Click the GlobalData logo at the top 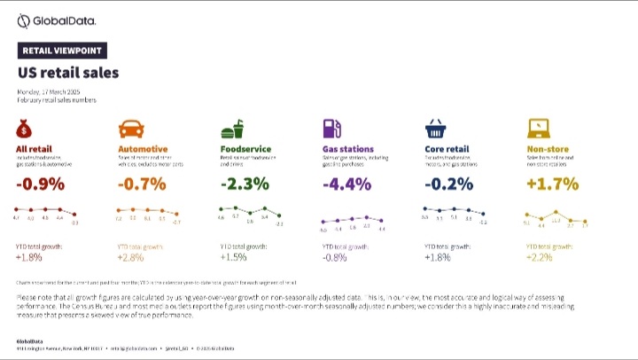pos(57,20)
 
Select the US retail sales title pos(68,72)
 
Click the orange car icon pos(130,127)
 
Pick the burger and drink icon pos(232,127)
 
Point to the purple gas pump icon pos(332,127)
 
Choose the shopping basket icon pos(435,127)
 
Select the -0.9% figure pos(40,185)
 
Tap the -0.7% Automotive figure pos(141,185)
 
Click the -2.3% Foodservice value pos(244,185)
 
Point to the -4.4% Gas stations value pos(346,185)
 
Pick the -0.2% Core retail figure pos(448,185)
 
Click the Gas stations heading pos(347,149)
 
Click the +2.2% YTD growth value pos(540,257)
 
